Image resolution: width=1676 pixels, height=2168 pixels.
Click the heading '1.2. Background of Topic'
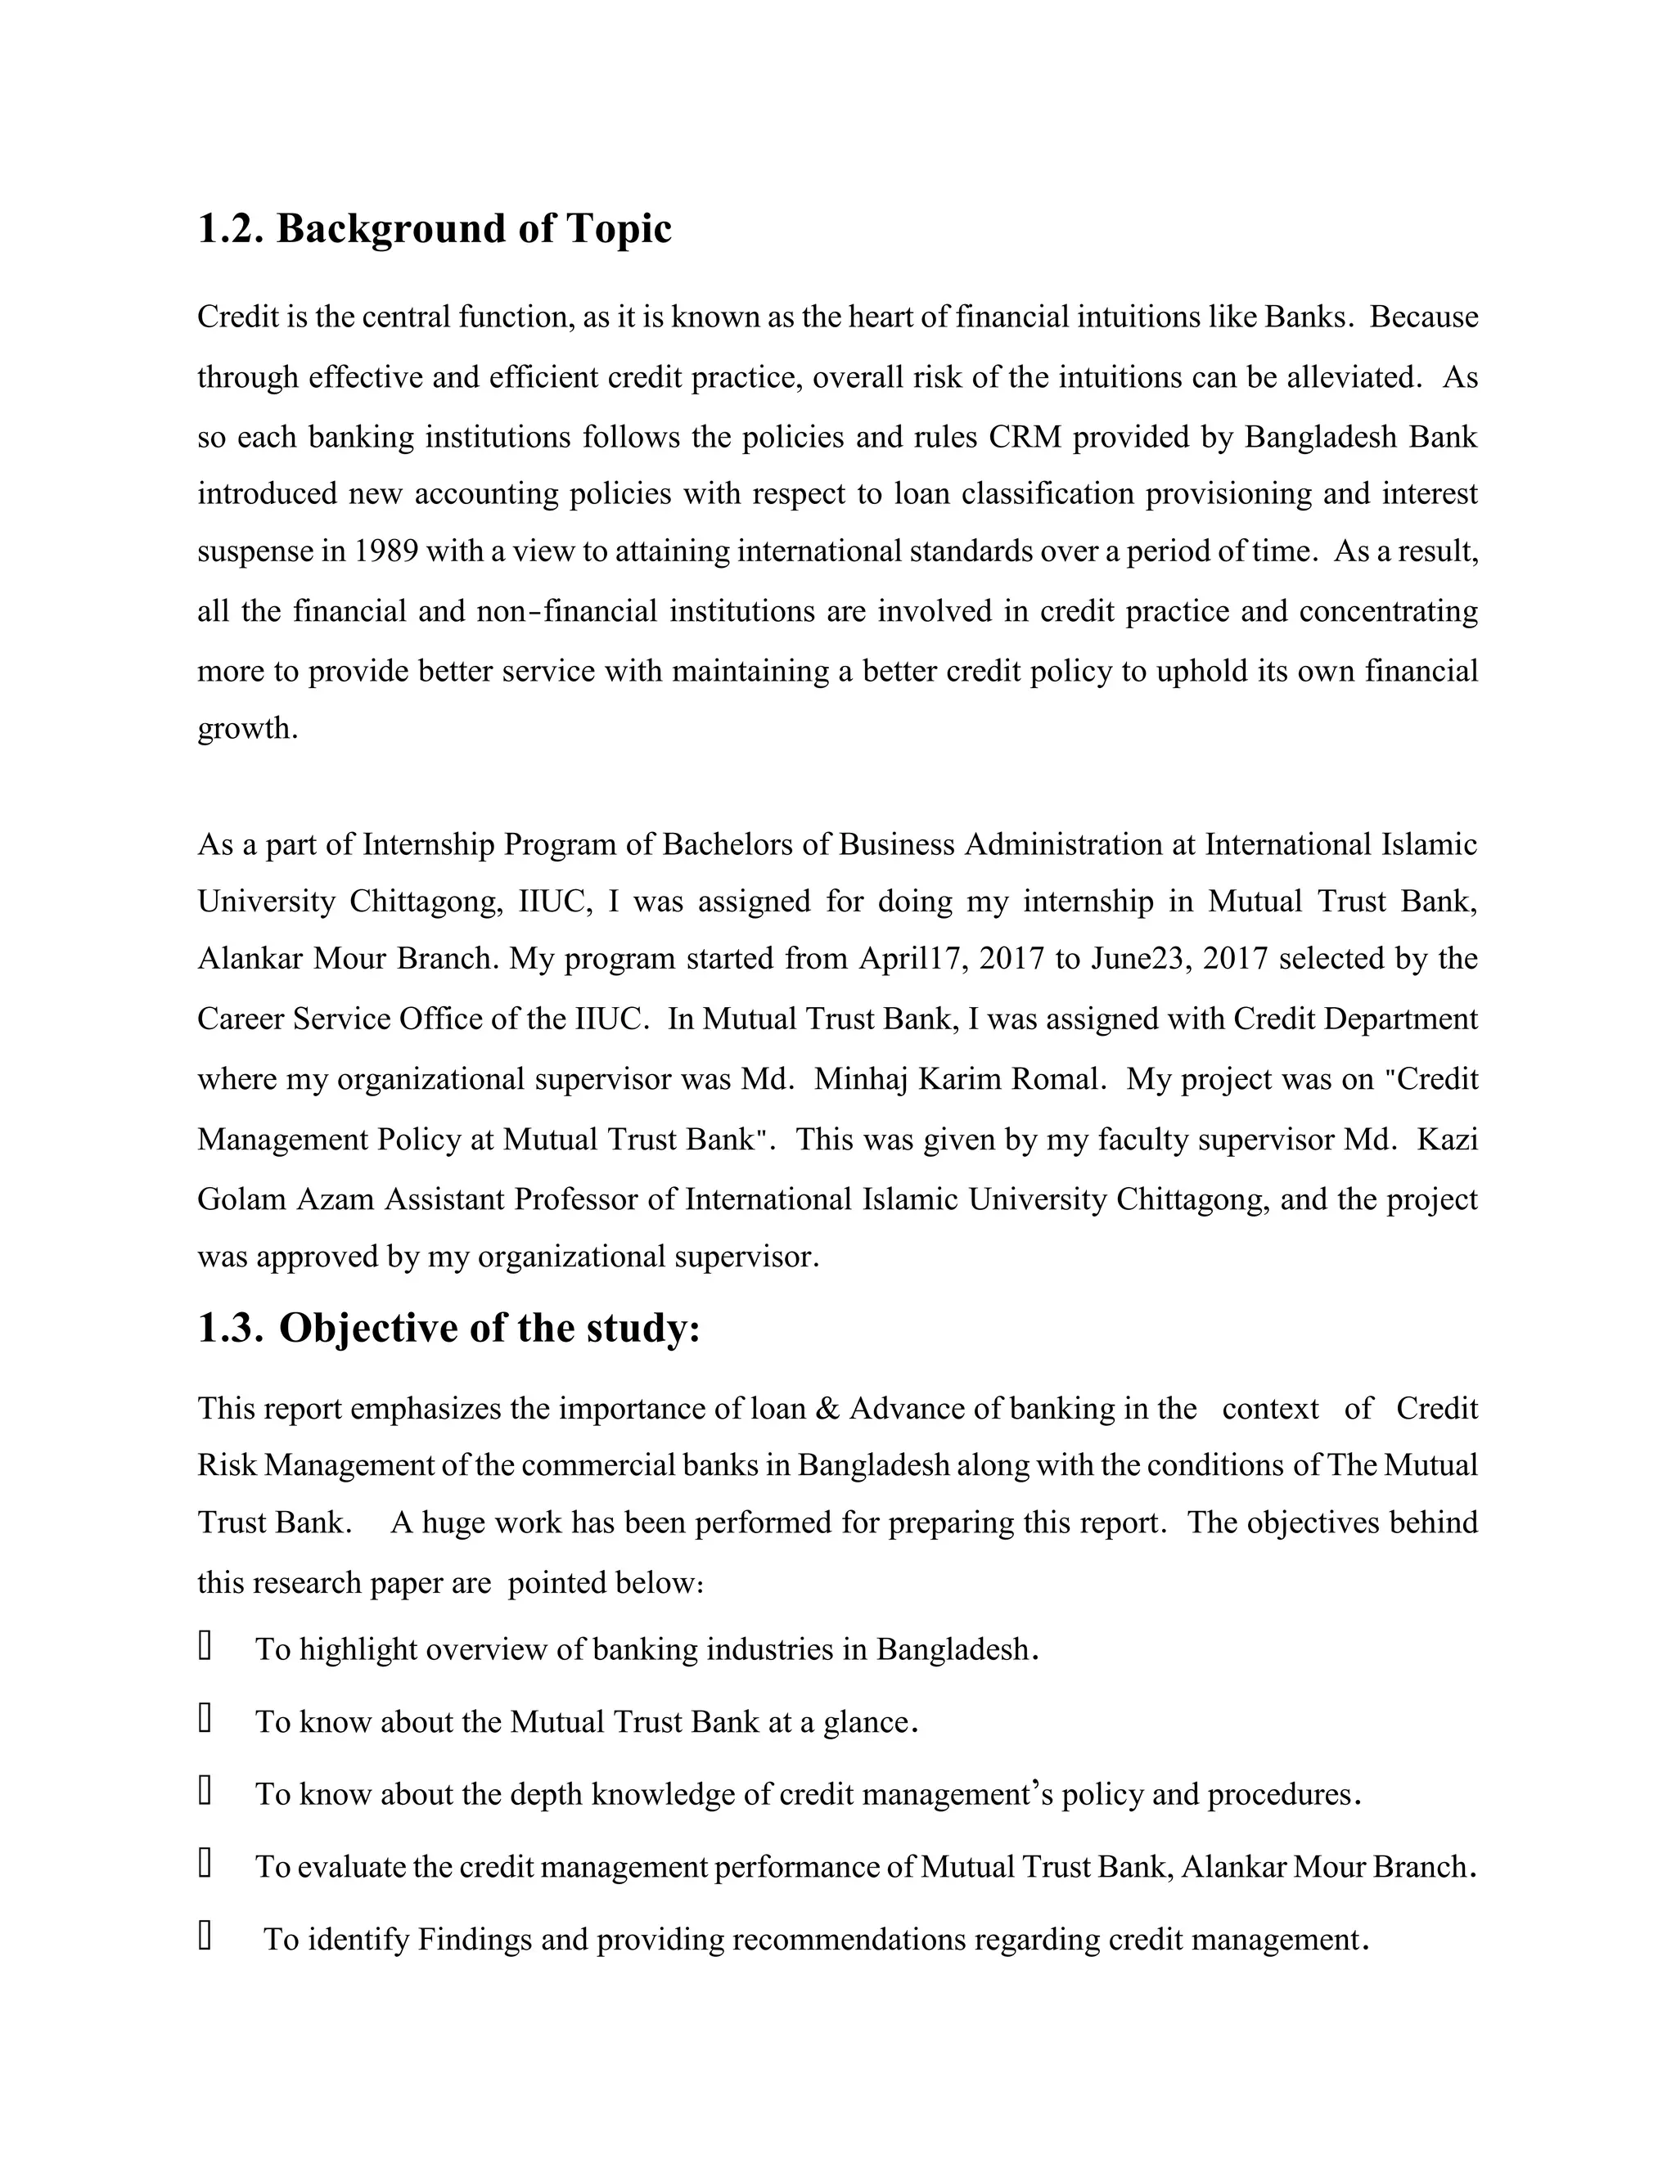tap(434, 229)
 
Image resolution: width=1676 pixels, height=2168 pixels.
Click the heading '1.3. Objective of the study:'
tap(448, 1328)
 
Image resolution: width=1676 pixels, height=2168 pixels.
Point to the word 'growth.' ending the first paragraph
tap(247, 729)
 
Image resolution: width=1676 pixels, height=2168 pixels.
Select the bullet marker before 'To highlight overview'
tap(205, 1647)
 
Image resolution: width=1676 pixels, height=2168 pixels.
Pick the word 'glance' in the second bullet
tap(866, 1722)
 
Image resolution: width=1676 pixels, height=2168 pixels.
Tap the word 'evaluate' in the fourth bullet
tap(350, 1867)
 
